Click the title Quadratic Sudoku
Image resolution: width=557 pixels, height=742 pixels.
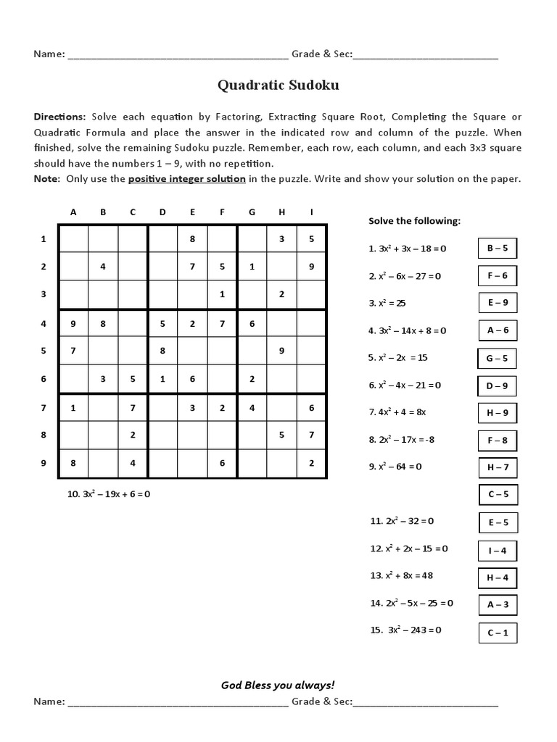tap(278, 86)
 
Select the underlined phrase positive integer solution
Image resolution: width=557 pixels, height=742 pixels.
tap(186, 179)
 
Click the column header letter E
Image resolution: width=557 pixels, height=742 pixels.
tap(192, 212)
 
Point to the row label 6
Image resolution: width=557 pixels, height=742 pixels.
tap(44, 378)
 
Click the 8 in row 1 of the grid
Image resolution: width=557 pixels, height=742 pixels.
tap(192, 238)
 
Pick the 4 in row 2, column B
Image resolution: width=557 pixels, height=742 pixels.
tap(103, 266)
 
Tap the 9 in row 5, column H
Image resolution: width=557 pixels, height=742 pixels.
tap(281, 350)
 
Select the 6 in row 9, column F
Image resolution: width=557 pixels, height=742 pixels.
tap(222, 463)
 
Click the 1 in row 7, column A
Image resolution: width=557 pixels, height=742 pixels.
tap(73, 407)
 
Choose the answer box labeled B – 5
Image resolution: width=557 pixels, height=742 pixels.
tap(498, 248)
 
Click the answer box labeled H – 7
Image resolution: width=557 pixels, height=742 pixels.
tap(498, 467)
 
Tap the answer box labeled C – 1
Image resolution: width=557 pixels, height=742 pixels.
tap(498, 633)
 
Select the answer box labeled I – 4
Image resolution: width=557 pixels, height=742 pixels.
tap(498, 551)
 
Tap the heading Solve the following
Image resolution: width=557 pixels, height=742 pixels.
tap(414, 221)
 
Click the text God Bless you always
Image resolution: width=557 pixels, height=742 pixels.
tap(278, 685)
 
